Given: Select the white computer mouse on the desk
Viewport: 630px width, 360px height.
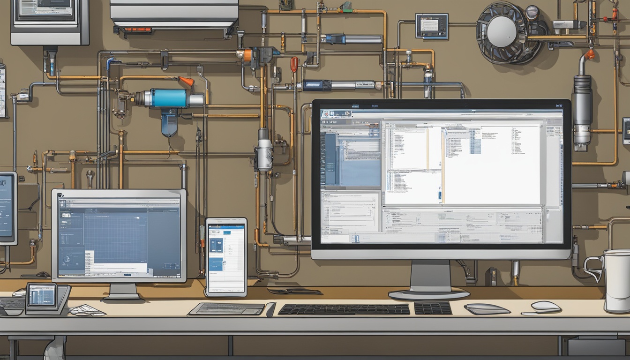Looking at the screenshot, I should pyautogui.click(x=546, y=307).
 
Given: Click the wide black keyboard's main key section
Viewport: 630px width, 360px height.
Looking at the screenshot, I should pyautogui.click(x=344, y=309).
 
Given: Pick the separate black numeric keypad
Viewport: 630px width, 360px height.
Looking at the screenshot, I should pyautogui.click(x=433, y=308).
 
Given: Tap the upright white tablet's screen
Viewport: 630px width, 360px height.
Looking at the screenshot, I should pyautogui.click(x=226, y=258).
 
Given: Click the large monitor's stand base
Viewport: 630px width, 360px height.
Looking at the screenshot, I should pyautogui.click(x=429, y=294).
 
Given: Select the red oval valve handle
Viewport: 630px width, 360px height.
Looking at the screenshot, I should pyautogui.click(x=294, y=64).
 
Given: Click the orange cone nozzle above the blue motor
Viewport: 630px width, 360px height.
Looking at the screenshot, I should pyautogui.click(x=187, y=81).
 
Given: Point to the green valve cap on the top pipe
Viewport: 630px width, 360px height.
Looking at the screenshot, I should pyautogui.click(x=346, y=7).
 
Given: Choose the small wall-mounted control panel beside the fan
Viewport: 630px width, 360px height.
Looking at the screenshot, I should pyautogui.click(x=432, y=26).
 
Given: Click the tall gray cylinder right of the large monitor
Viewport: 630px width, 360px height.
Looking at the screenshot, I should pyautogui.click(x=582, y=110).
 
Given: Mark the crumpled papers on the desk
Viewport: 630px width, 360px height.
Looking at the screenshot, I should pyautogui.click(x=87, y=310).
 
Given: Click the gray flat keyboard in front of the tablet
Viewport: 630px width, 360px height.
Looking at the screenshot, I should pyautogui.click(x=227, y=309).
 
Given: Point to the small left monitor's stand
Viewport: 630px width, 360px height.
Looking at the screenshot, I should pyautogui.click(x=121, y=292).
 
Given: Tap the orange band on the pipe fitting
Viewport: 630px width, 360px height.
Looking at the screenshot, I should pyautogui.click(x=247, y=55).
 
